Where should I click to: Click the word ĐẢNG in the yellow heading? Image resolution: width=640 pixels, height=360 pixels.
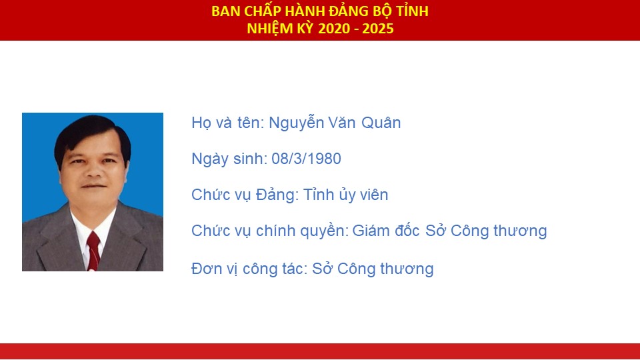349,11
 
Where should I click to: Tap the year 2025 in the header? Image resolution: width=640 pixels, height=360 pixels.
377,29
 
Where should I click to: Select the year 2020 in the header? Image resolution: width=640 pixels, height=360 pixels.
334,29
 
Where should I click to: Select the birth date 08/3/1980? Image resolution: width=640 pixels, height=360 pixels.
306,159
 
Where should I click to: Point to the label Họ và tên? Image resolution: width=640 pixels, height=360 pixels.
228,123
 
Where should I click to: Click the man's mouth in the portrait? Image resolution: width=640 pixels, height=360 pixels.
93,186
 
